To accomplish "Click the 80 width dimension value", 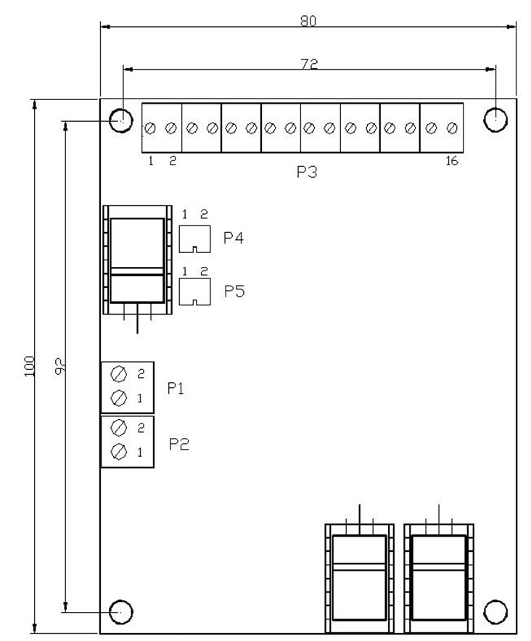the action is (x=308, y=21).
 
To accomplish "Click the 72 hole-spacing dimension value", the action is (x=309, y=65).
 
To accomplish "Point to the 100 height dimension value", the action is (x=29, y=366).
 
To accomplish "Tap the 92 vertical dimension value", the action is (x=59, y=366).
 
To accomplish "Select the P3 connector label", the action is (x=307, y=172).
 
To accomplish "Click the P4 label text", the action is (x=234, y=238).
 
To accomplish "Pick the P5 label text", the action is (x=234, y=291).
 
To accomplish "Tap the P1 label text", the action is (x=176, y=388).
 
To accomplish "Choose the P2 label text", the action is (x=179, y=444).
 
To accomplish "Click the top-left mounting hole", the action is (x=121, y=120).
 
